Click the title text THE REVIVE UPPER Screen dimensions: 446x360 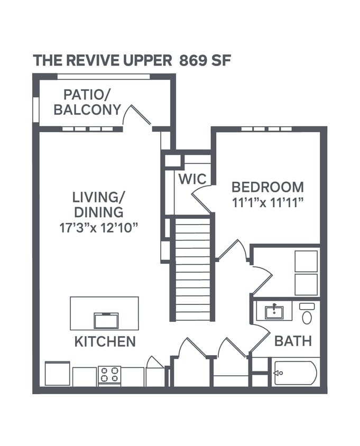(x=103, y=60)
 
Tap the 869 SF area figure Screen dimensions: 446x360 (x=205, y=60)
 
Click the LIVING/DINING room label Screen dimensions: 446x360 (x=98, y=205)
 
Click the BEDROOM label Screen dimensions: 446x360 (x=267, y=187)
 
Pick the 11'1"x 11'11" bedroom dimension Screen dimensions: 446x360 (x=267, y=202)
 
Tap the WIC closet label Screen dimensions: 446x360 (x=192, y=179)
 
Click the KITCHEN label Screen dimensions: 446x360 (x=105, y=341)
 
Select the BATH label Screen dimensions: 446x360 (x=292, y=341)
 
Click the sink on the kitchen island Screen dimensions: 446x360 (x=106, y=320)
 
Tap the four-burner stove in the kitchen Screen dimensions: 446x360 (x=109, y=375)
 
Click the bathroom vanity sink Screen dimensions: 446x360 (x=274, y=312)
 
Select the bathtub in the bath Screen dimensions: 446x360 (x=295, y=373)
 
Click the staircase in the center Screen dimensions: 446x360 (x=192, y=270)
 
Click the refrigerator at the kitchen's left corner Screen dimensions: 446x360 (x=57, y=374)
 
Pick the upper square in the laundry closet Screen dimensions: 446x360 (x=306, y=261)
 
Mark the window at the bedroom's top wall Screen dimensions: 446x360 (x=267, y=128)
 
